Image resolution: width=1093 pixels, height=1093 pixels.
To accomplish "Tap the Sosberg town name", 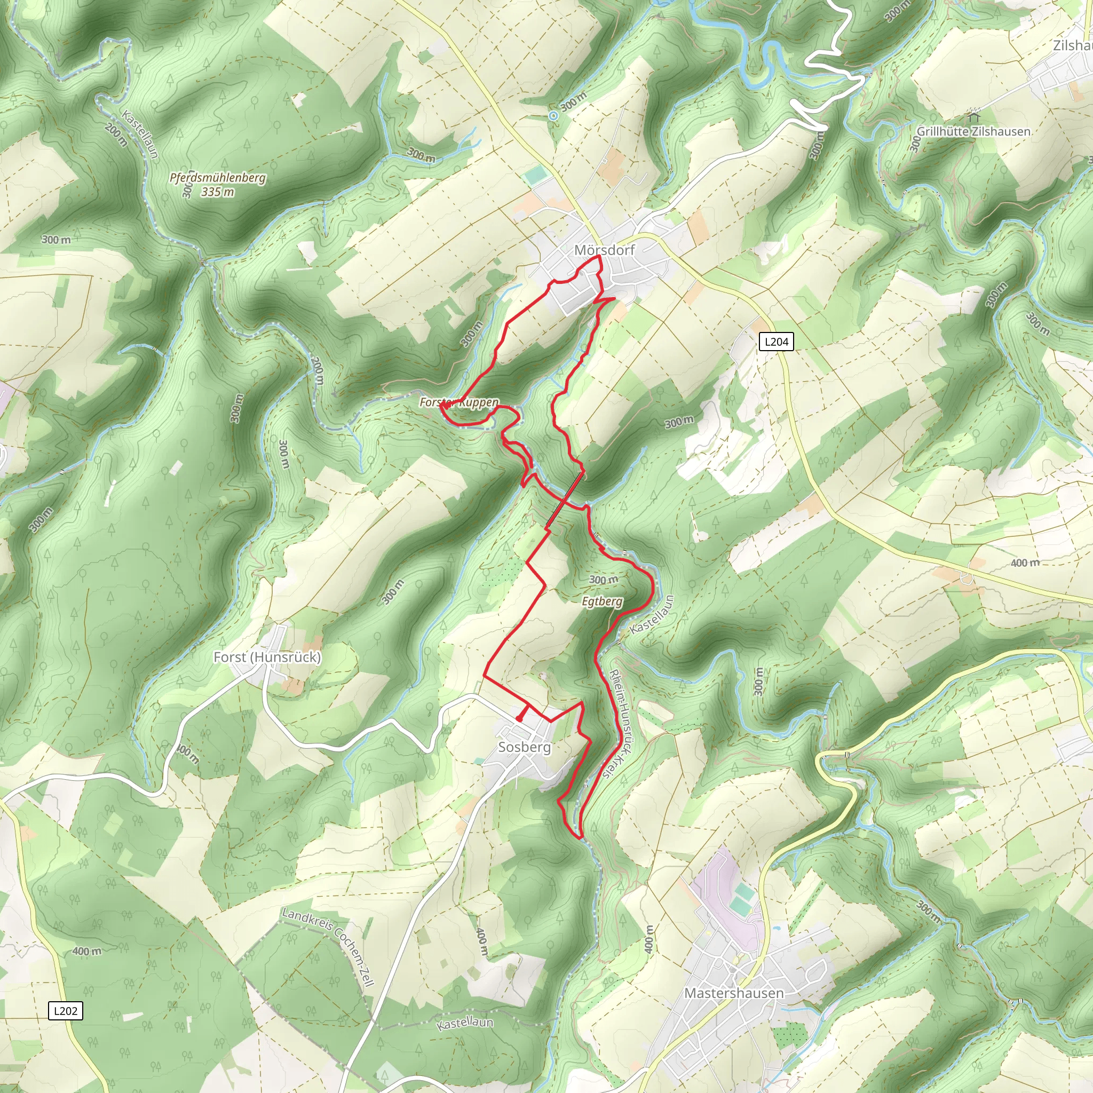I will pos(524,747).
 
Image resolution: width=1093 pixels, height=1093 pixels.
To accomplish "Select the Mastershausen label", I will pos(734,993).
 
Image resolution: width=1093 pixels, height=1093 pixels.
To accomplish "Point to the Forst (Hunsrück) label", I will pos(267,657).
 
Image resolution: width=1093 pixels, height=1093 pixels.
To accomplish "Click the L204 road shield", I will pos(776,342).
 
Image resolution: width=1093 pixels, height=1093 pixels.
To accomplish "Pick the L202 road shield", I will pos(65,1011).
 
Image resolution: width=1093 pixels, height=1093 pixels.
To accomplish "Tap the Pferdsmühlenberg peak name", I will pos(217,178).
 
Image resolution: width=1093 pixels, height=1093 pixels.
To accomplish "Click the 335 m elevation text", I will pos(217,192).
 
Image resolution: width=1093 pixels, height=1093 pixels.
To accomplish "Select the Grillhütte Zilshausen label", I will pos(973,131).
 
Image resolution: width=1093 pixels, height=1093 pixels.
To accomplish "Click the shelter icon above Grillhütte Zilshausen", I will pos(973,117).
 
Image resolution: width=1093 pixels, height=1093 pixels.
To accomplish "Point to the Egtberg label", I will pos(602,601).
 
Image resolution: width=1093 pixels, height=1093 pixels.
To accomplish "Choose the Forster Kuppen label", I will pos(460,402).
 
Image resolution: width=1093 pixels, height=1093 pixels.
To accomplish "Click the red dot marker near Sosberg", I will pos(519,719).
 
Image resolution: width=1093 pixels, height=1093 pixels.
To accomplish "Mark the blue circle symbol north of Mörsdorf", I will pos(553,115).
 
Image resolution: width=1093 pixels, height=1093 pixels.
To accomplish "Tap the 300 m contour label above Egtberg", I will pos(603,580).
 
